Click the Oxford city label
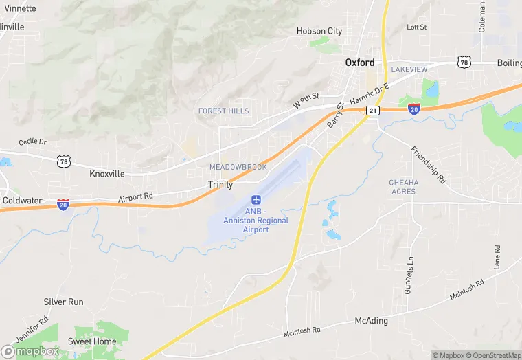pos(360,62)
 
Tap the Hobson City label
pos(319,31)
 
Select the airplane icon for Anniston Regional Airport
pos(257,199)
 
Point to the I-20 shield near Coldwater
pos(63,204)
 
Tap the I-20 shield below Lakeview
pos(414,108)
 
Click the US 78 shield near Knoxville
pos(63,160)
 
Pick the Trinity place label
pos(220,185)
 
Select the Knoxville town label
pos(107,174)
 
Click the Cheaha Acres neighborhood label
pos(403,187)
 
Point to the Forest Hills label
pos(224,111)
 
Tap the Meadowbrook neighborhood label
pos(238,167)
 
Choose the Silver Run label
pos(63,302)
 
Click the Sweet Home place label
pos(92,341)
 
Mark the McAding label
pos(371,321)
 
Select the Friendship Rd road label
pos(428,165)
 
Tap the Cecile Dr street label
pos(32,142)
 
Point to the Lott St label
pos(416,27)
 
